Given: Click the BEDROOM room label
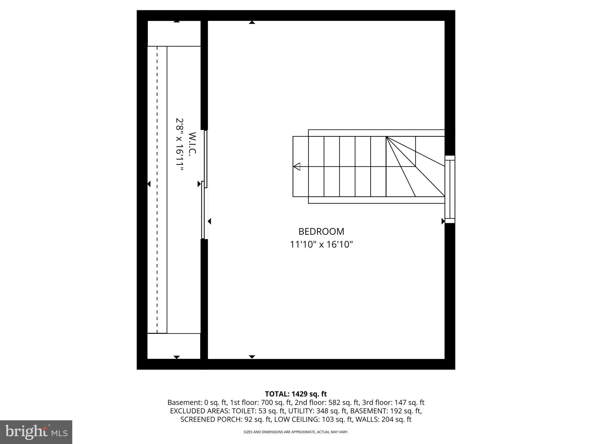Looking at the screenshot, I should click(321, 232).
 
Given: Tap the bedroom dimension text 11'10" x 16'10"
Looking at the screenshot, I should click(321, 245).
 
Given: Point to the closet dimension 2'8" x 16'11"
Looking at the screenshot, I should click(180, 145).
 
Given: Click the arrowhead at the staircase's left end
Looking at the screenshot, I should click(297, 166).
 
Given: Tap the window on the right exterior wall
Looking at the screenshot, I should click(450, 189).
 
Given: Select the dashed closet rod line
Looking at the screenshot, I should click(157, 189).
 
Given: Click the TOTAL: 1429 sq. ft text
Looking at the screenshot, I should click(296, 394).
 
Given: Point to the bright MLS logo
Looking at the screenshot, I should click(36, 432).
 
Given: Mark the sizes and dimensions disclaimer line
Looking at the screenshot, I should click(296, 432).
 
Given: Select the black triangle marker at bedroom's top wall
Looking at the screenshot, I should click(252, 22).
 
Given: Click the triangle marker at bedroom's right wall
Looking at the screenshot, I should click(443, 221).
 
